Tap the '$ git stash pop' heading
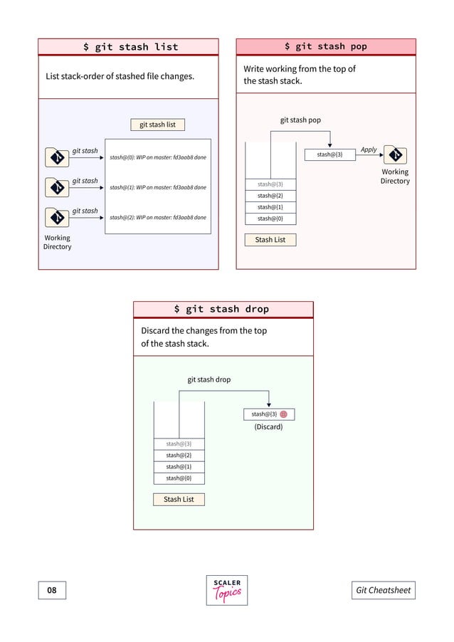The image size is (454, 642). [325, 46]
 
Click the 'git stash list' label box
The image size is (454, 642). [157, 125]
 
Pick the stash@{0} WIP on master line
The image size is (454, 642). [158, 157]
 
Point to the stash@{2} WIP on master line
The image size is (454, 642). [158, 217]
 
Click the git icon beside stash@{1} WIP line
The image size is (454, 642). [56, 186]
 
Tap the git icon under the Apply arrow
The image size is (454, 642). [395, 154]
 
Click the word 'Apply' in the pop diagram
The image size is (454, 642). [369, 149]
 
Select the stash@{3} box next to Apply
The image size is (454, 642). [329, 154]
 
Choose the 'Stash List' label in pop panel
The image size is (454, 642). [270, 240]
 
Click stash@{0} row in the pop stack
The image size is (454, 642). [270, 219]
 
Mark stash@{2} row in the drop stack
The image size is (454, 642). [179, 456]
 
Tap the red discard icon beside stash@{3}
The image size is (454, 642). [283, 414]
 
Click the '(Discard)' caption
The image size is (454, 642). [268, 427]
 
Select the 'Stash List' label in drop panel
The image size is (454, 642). [179, 500]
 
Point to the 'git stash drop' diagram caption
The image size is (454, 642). [208, 379]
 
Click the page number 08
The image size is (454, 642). [52, 590]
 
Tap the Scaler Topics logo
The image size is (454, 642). [227, 590]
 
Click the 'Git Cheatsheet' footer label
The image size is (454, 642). [383, 590]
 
